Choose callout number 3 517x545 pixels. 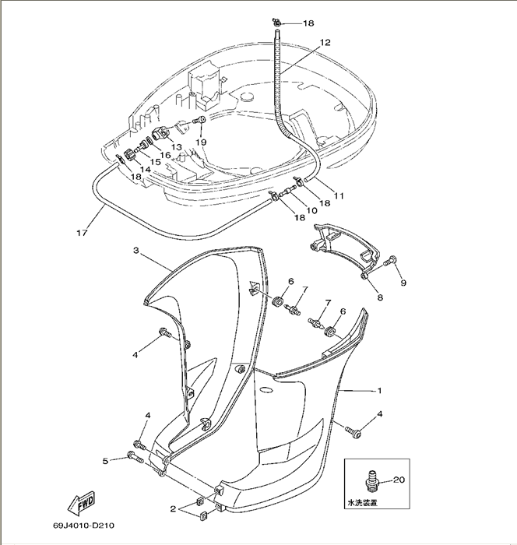pos(135,251)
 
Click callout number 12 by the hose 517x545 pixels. pos(325,43)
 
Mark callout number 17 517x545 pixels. pos(80,232)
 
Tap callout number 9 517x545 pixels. pos(403,283)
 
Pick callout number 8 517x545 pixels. pos(381,297)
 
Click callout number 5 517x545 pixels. pos(105,461)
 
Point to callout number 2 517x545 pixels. pos(173,509)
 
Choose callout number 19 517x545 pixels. pos(201,142)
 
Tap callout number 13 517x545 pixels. pos(176,147)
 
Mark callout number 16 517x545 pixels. pos(166,156)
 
